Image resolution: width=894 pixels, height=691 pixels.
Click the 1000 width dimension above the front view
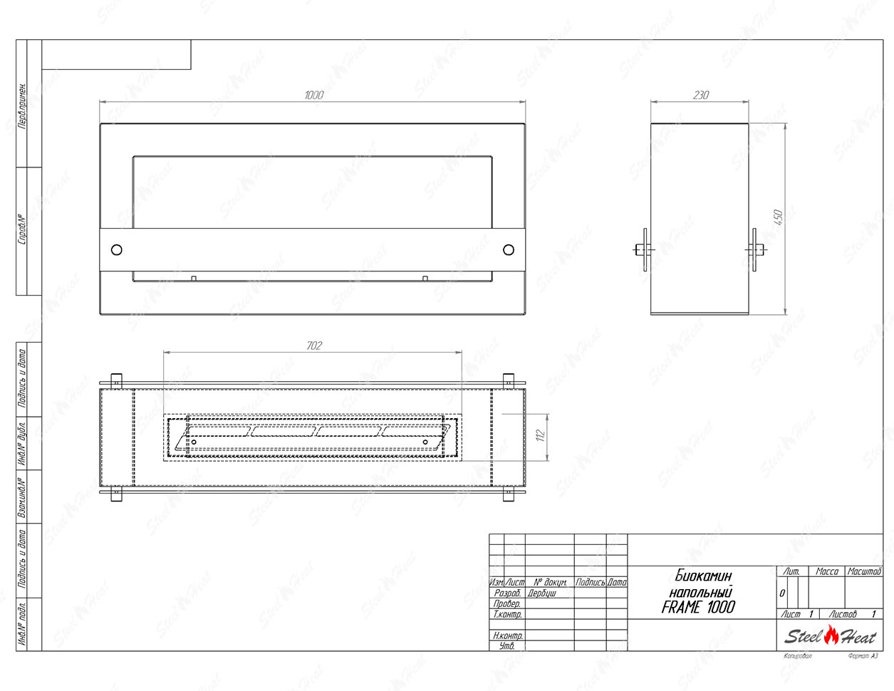click(313, 95)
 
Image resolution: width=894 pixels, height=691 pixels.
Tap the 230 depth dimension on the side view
click(700, 95)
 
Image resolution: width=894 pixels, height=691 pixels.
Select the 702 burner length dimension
click(313, 345)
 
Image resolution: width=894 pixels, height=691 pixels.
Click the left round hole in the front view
click(117, 249)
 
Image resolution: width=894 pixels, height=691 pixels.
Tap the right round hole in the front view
click(508, 249)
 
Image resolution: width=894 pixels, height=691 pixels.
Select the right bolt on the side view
click(756, 249)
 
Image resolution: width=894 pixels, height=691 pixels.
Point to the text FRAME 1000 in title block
click(697, 608)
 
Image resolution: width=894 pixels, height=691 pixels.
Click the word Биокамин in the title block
click(702, 575)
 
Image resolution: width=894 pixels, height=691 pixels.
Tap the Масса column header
click(826, 571)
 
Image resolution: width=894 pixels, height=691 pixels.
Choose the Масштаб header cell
click(864, 571)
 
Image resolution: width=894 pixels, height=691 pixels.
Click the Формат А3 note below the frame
click(863, 655)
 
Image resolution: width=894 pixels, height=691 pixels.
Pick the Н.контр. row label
click(507, 635)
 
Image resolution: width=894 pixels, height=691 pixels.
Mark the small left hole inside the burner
click(194, 442)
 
